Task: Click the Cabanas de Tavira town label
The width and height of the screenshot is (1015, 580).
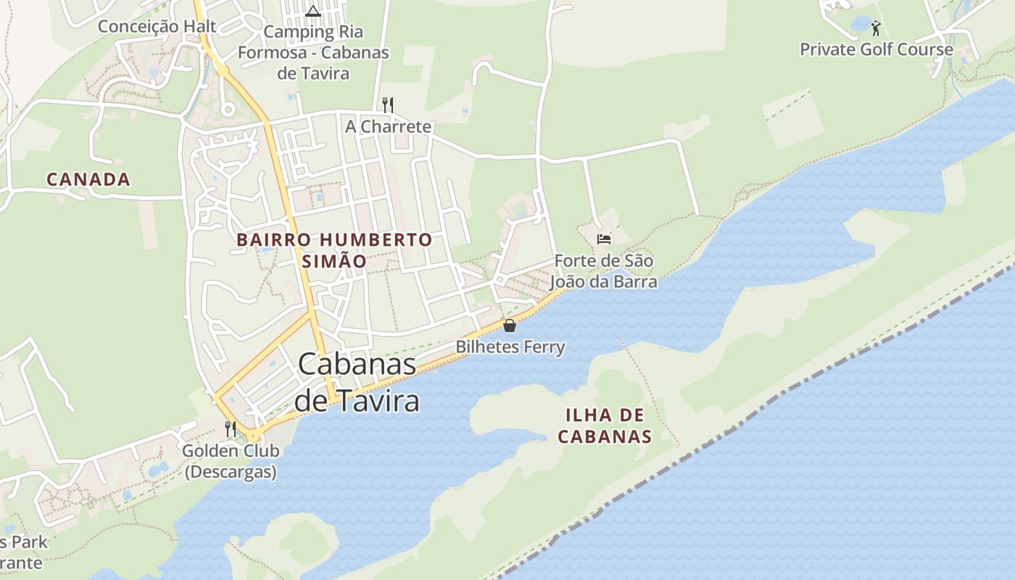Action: tap(358, 382)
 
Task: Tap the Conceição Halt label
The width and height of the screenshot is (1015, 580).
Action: tap(157, 27)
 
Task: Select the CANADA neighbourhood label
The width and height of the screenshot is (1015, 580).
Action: tap(88, 179)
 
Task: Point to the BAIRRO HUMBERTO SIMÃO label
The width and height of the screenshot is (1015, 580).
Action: tap(334, 249)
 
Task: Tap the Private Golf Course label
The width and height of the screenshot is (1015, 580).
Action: tap(876, 49)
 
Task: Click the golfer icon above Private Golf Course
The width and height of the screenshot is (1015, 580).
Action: tap(876, 28)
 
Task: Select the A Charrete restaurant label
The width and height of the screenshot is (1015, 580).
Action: tap(388, 126)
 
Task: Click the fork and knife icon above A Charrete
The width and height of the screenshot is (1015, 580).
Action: tap(388, 105)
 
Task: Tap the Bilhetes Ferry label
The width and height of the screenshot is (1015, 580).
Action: tap(510, 347)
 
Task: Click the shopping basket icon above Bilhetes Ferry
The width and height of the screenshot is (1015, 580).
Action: tap(510, 326)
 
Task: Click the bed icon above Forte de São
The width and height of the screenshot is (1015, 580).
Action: tap(603, 239)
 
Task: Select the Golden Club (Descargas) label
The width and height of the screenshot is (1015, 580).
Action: tap(231, 461)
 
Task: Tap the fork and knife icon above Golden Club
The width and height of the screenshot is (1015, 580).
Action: tap(231, 428)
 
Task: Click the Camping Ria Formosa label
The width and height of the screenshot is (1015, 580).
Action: tap(313, 52)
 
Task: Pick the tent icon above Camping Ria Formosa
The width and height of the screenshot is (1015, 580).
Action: tap(312, 11)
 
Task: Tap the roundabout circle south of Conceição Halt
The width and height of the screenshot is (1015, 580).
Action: tap(228, 110)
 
